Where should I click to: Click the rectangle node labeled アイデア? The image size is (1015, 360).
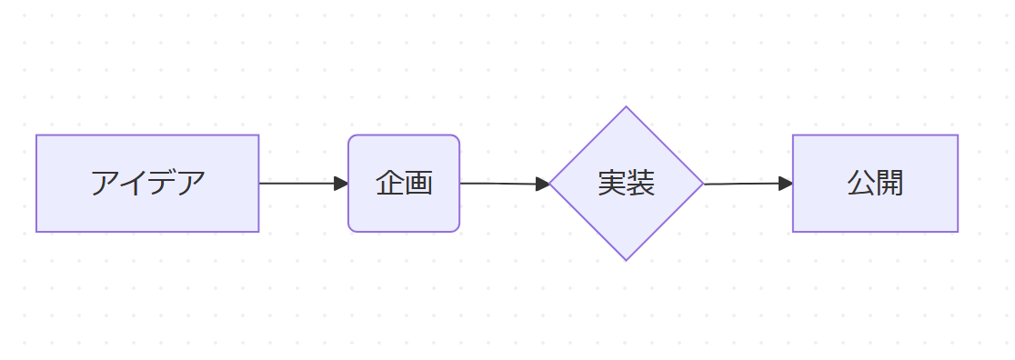pyautogui.click(x=147, y=184)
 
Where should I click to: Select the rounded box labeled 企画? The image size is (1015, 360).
pyautogui.click(x=404, y=184)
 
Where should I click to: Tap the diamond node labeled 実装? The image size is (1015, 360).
pyautogui.click(x=626, y=184)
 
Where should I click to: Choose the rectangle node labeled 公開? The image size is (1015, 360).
pyautogui.click(x=875, y=184)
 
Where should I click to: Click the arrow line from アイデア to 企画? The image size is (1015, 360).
pyautogui.click(x=304, y=184)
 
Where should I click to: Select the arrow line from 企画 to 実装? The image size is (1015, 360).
pyautogui.click(x=505, y=184)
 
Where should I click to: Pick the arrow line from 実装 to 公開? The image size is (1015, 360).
pyautogui.click(x=749, y=184)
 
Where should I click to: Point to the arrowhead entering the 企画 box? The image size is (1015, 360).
pyautogui.click(x=341, y=184)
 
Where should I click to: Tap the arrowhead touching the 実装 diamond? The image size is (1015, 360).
pyautogui.click(x=542, y=184)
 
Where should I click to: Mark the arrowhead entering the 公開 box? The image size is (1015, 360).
pyautogui.click(x=786, y=184)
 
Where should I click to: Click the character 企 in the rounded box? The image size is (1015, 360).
pyautogui.click(x=389, y=184)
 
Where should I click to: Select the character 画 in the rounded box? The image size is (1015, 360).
pyautogui.click(x=418, y=184)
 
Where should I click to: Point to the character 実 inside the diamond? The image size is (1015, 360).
pyautogui.click(x=612, y=184)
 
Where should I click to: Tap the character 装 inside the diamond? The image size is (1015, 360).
pyautogui.click(x=640, y=184)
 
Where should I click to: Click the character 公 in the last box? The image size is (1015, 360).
pyautogui.click(x=861, y=184)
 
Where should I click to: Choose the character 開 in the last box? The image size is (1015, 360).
pyautogui.click(x=889, y=184)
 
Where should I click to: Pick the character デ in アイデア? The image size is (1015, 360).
pyautogui.click(x=163, y=184)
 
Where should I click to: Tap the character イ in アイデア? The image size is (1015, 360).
pyautogui.click(x=134, y=184)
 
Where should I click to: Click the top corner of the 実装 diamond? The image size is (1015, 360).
pyautogui.click(x=626, y=107)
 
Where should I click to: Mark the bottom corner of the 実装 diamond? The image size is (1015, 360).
pyautogui.click(x=626, y=260)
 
